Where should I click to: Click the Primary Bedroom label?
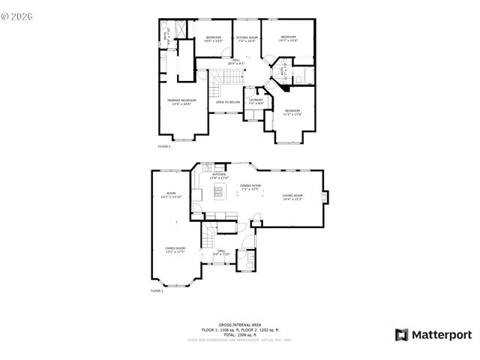tap(182, 101)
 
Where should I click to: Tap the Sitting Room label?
tap(247, 38)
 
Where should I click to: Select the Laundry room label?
tap(256, 100)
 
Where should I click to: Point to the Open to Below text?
tap(228, 101)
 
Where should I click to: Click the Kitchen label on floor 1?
tap(219, 175)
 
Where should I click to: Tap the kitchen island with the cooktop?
tap(220, 194)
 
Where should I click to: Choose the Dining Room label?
tap(250, 187)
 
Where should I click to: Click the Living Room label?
tap(292, 197)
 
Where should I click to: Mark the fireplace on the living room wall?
tap(323, 198)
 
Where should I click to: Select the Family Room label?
tap(175, 249)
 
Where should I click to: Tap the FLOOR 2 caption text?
tap(164, 146)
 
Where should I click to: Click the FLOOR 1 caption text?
tap(157, 289)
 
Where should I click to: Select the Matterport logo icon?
tap(401, 334)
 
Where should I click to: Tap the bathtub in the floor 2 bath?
tap(303, 77)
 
